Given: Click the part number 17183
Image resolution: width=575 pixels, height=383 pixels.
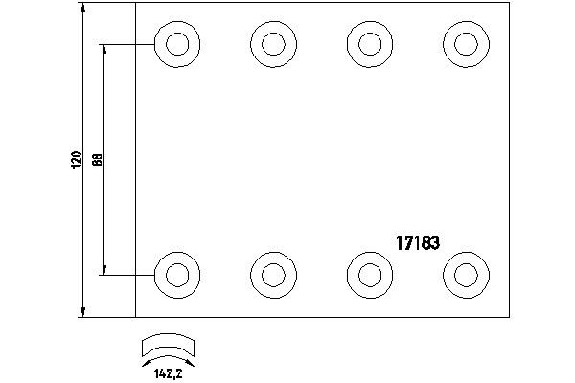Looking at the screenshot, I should (418, 242).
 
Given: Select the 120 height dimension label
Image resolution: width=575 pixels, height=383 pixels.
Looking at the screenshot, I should (76, 160).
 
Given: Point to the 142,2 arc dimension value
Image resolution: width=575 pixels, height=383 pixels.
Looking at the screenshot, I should (168, 373).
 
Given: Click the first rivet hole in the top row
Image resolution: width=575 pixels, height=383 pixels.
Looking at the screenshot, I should (176, 44).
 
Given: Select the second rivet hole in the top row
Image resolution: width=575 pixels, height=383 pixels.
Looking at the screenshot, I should (272, 44).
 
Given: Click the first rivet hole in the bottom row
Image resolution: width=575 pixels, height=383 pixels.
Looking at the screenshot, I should (176, 275).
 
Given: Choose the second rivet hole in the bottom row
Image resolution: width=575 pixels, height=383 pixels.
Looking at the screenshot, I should (272, 275).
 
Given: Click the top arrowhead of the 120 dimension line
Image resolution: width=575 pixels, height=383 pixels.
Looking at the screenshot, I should (84, 8).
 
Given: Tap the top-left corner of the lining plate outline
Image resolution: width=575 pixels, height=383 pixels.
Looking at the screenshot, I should (136, 3).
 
